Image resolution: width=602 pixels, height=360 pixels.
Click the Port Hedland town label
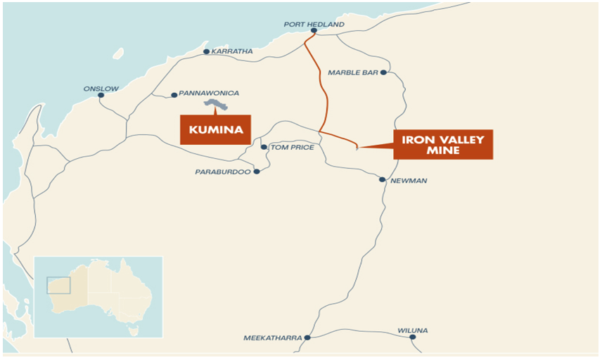(x=314, y=24)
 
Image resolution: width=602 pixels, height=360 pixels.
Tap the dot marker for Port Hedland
(x=314, y=31)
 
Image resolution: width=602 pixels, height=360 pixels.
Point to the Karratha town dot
(x=206, y=51)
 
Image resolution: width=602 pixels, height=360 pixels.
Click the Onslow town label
(x=101, y=89)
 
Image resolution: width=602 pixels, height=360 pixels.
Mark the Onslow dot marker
(x=101, y=95)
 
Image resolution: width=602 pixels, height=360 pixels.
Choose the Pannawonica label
(x=209, y=93)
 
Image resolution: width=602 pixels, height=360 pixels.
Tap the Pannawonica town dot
(x=174, y=95)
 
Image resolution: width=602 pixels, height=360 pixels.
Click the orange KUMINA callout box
(x=216, y=129)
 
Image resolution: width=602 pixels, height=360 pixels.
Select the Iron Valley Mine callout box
(x=443, y=144)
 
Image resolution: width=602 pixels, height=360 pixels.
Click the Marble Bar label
(x=353, y=72)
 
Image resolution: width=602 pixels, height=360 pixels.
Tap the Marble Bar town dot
(x=383, y=72)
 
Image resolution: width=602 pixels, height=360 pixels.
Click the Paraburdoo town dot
(x=257, y=172)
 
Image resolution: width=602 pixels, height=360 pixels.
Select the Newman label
(x=409, y=181)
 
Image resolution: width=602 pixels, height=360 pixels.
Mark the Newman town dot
(x=383, y=179)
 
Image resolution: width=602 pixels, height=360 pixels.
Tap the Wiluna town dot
(x=412, y=337)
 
